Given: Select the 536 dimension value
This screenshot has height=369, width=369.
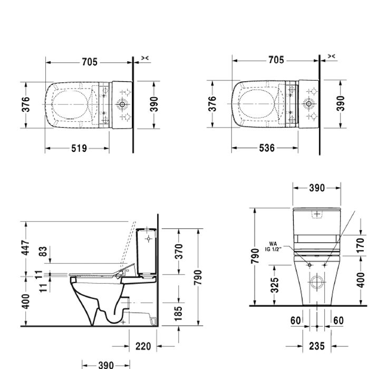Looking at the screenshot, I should pyautogui.click(x=267, y=149).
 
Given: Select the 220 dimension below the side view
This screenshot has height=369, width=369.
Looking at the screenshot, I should pyautogui.click(x=143, y=346).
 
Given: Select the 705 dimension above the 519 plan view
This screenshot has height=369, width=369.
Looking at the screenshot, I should pyautogui.click(x=89, y=62).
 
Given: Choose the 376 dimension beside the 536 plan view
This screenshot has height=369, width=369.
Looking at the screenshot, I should pyautogui.click(x=212, y=104).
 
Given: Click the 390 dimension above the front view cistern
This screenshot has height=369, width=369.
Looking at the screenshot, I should pyautogui.click(x=316, y=188).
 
